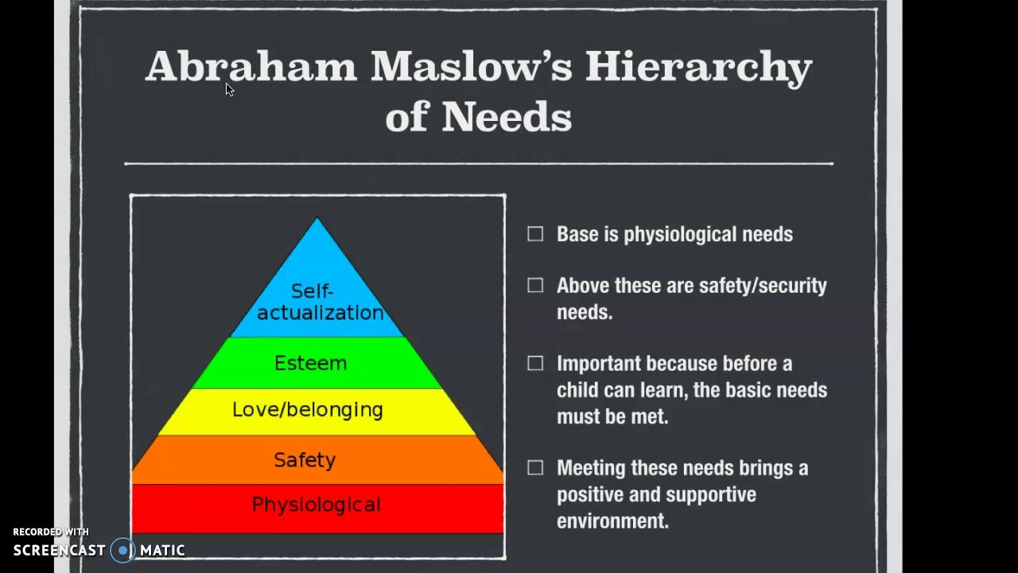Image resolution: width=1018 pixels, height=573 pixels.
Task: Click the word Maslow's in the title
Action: tap(471, 67)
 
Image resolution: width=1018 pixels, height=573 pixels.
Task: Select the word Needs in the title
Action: tap(507, 118)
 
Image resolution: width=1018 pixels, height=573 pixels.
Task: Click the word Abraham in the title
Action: tap(251, 67)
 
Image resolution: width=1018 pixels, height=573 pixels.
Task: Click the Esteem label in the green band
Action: tap(310, 363)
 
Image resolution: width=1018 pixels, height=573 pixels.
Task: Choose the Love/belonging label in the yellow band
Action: tap(307, 410)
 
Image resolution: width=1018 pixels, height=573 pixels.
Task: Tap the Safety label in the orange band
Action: tap(305, 459)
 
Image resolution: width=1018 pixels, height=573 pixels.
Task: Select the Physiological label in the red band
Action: tap(316, 505)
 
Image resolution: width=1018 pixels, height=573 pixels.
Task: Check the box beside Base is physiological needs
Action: tap(535, 234)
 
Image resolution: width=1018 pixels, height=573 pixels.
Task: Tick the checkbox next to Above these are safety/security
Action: tap(535, 285)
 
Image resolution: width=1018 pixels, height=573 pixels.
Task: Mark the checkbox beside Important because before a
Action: tap(535, 363)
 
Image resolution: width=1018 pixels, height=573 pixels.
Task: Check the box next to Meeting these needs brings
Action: tap(535, 468)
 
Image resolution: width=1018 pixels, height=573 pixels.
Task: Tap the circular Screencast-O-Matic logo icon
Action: tap(122, 550)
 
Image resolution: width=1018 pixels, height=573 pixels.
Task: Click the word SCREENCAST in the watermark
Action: tap(60, 550)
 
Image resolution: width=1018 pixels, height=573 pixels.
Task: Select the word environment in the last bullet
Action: tap(612, 521)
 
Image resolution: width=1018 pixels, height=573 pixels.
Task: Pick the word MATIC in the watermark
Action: tap(162, 550)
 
